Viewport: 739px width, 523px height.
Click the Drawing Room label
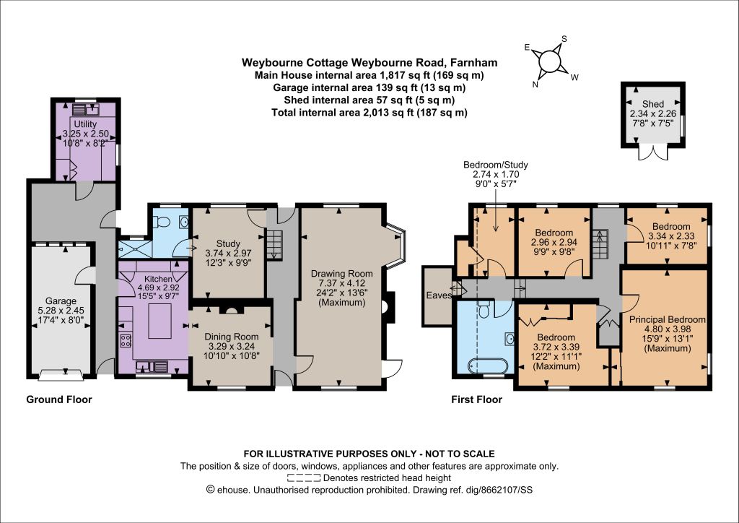tap(341, 274)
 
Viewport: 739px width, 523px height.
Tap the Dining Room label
tap(231, 337)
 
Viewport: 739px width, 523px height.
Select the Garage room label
tap(61, 301)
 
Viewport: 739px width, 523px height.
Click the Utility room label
tap(85, 124)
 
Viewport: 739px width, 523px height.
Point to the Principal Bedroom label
tap(668, 319)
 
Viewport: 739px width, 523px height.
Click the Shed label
tap(652, 104)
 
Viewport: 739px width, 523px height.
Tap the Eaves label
tap(440, 295)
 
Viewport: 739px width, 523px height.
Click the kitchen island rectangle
tap(159, 321)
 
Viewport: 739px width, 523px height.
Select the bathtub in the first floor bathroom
tap(487, 366)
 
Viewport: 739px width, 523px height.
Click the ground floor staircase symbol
tap(274, 245)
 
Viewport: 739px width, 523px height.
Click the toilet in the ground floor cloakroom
tap(163, 221)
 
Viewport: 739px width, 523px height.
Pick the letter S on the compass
tap(564, 39)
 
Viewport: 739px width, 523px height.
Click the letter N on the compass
tap(535, 85)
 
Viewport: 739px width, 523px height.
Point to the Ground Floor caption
tap(59, 399)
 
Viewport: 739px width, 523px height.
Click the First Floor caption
tap(476, 399)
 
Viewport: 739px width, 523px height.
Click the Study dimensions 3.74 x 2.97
tap(228, 252)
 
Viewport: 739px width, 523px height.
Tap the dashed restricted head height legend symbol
tap(305, 477)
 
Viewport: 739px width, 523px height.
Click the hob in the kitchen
tap(126, 340)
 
